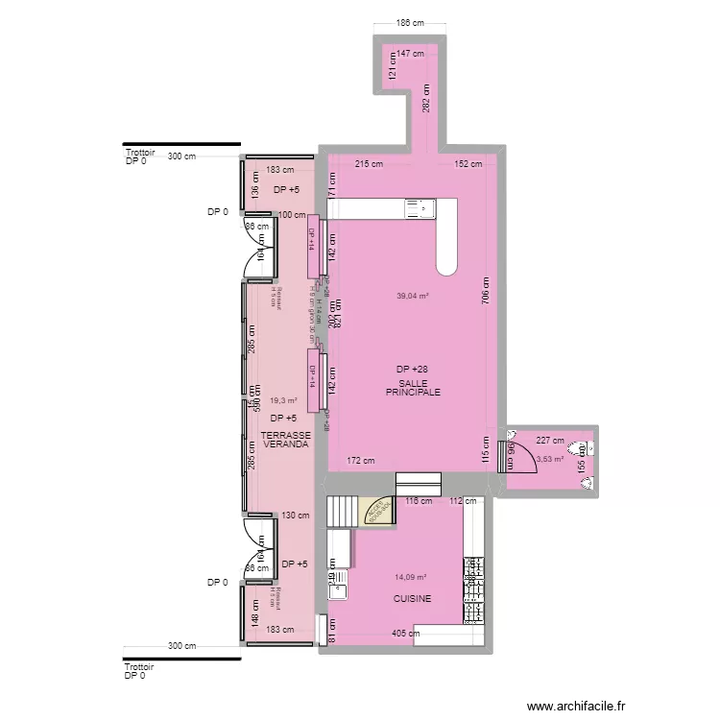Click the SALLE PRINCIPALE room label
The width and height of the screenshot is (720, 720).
pos(413,387)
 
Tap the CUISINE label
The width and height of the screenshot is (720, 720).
pos(412,598)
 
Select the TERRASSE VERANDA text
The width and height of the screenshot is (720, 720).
pos(285,440)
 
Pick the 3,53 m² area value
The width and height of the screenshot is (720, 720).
pos(550,459)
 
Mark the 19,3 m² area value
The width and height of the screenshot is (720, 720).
pos(283,401)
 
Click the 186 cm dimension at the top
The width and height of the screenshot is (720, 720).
pos(410,22)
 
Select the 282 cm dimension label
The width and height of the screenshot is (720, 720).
pos(427,97)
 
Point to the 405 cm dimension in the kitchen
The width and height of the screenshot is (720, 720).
pos(405,634)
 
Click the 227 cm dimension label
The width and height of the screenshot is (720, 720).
pos(550,441)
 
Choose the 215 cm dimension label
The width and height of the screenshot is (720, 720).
pos(369,164)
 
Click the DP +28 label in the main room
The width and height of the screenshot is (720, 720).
pos(413,369)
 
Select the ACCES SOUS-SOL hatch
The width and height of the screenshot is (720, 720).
pos(375,512)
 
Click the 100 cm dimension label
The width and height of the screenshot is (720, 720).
pos(292,216)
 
